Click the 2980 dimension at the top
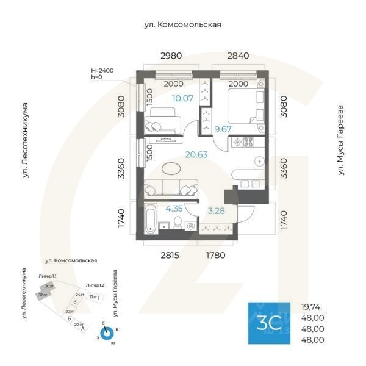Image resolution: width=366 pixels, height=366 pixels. (x=171, y=56)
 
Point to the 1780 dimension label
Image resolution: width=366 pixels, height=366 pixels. (x=216, y=255)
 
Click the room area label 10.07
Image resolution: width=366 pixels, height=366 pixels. (x=182, y=98)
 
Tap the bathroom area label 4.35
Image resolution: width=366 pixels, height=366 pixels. (x=174, y=208)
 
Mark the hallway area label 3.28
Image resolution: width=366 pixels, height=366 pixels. (x=217, y=211)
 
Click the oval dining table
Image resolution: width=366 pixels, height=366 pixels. (x=171, y=168)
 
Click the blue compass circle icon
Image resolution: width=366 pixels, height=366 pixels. (x=107, y=334)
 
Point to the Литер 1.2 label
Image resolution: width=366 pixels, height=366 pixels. (x=95, y=285)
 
